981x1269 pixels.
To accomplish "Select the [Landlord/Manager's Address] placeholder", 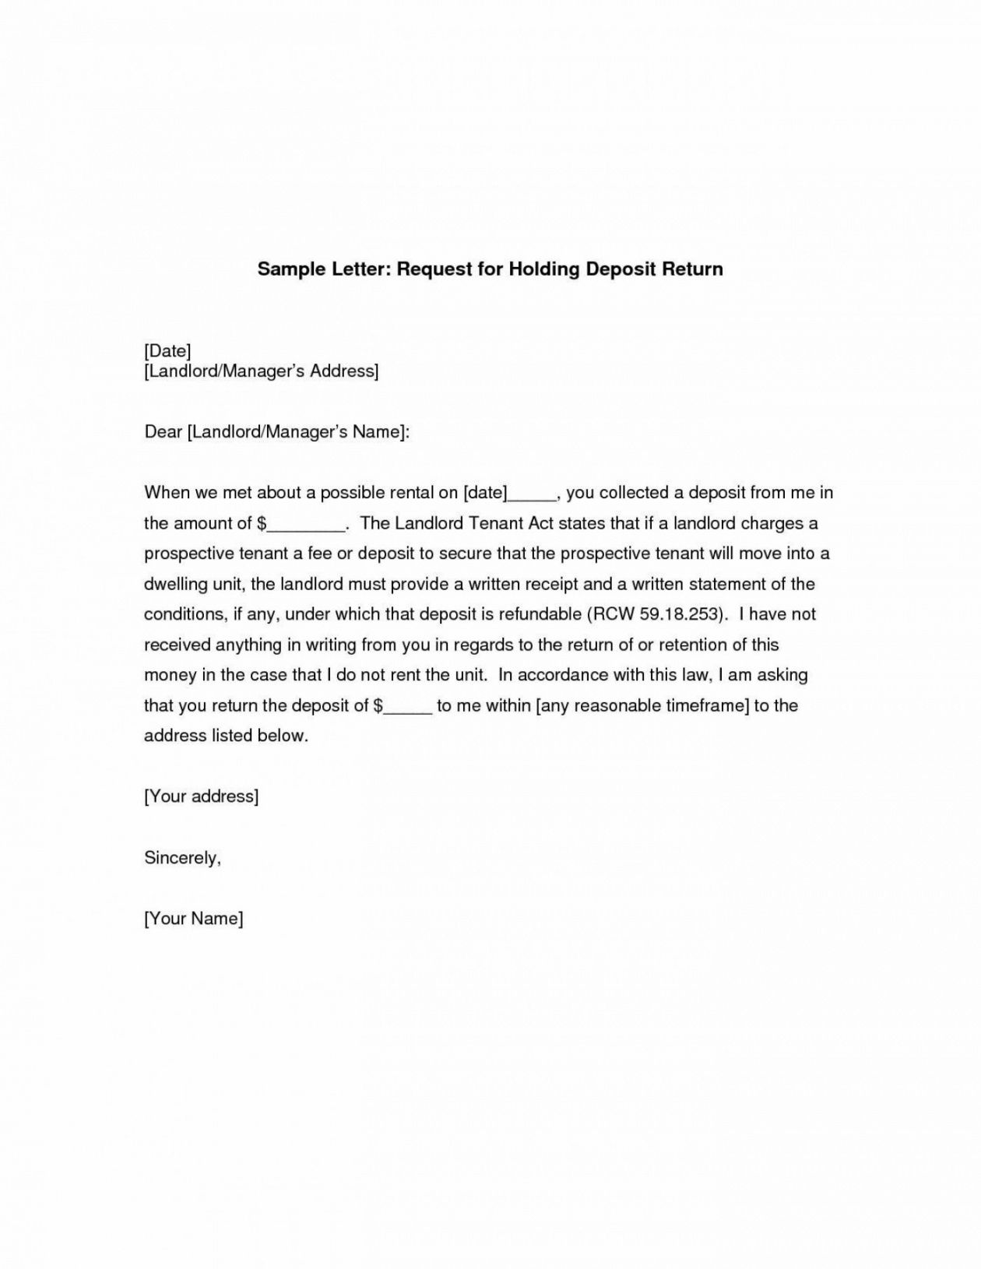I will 262,371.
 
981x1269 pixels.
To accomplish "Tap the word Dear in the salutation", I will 163,431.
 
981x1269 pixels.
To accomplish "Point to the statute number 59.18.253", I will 681,614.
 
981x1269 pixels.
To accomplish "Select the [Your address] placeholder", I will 201,796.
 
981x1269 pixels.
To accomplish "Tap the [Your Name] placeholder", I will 194,919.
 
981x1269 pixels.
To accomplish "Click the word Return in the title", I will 692,269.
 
